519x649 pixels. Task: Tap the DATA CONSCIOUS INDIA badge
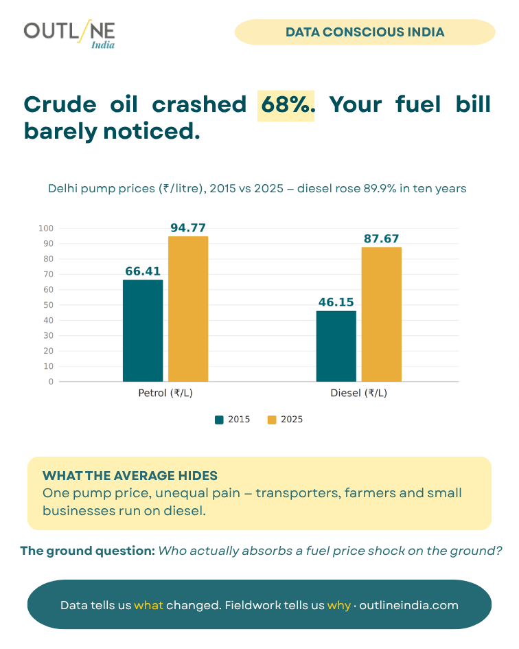(x=365, y=32)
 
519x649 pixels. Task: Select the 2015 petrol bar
(x=143, y=331)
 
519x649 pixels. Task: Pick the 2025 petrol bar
(x=188, y=309)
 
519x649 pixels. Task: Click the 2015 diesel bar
(x=336, y=346)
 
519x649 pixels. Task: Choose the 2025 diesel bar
(x=381, y=315)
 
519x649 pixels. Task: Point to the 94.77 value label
(x=188, y=227)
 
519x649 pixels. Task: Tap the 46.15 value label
(x=336, y=302)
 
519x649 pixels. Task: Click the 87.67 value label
(x=381, y=238)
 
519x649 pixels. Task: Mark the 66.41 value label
(x=143, y=271)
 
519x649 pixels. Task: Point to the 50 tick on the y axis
(x=49, y=305)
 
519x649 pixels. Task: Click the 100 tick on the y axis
(x=46, y=228)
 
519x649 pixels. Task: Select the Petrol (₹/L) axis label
(x=165, y=393)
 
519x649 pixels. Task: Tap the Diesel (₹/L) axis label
(x=359, y=393)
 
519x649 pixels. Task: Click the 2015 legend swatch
(x=219, y=420)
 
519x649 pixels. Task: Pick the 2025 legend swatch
(x=272, y=420)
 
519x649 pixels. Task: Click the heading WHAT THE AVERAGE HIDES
(x=130, y=475)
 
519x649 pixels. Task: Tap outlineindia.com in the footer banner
(x=409, y=605)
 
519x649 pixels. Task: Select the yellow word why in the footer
(x=338, y=606)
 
